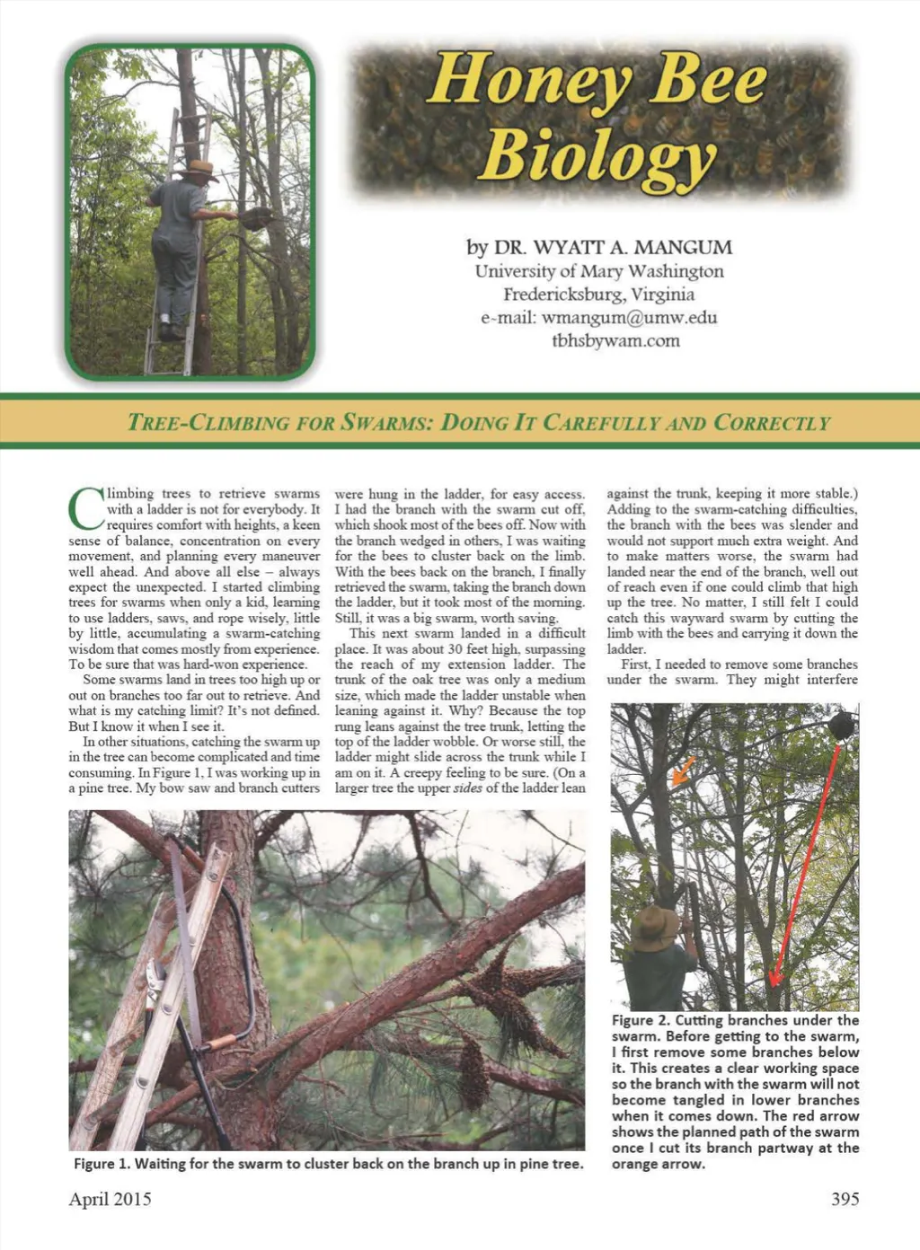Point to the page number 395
tap(845, 1199)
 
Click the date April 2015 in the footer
tap(110, 1199)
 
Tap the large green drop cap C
tap(85, 508)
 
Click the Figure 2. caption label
tap(640, 1020)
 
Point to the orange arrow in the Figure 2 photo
tap(683, 770)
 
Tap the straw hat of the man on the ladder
tap(199, 169)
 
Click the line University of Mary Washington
tap(598, 270)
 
